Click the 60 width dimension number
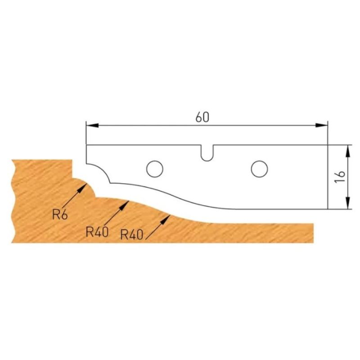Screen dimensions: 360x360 [202, 117]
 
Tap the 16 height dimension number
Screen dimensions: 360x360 [340, 177]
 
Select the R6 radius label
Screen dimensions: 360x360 [60, 215]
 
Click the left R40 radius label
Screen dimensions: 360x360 [97, 232]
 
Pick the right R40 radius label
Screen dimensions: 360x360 [131, 234]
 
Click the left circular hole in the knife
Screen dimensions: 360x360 [155, 169]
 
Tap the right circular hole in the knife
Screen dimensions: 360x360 [260, 169]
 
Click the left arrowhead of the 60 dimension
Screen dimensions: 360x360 [92, 126]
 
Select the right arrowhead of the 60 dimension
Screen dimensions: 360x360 [321, 126]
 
